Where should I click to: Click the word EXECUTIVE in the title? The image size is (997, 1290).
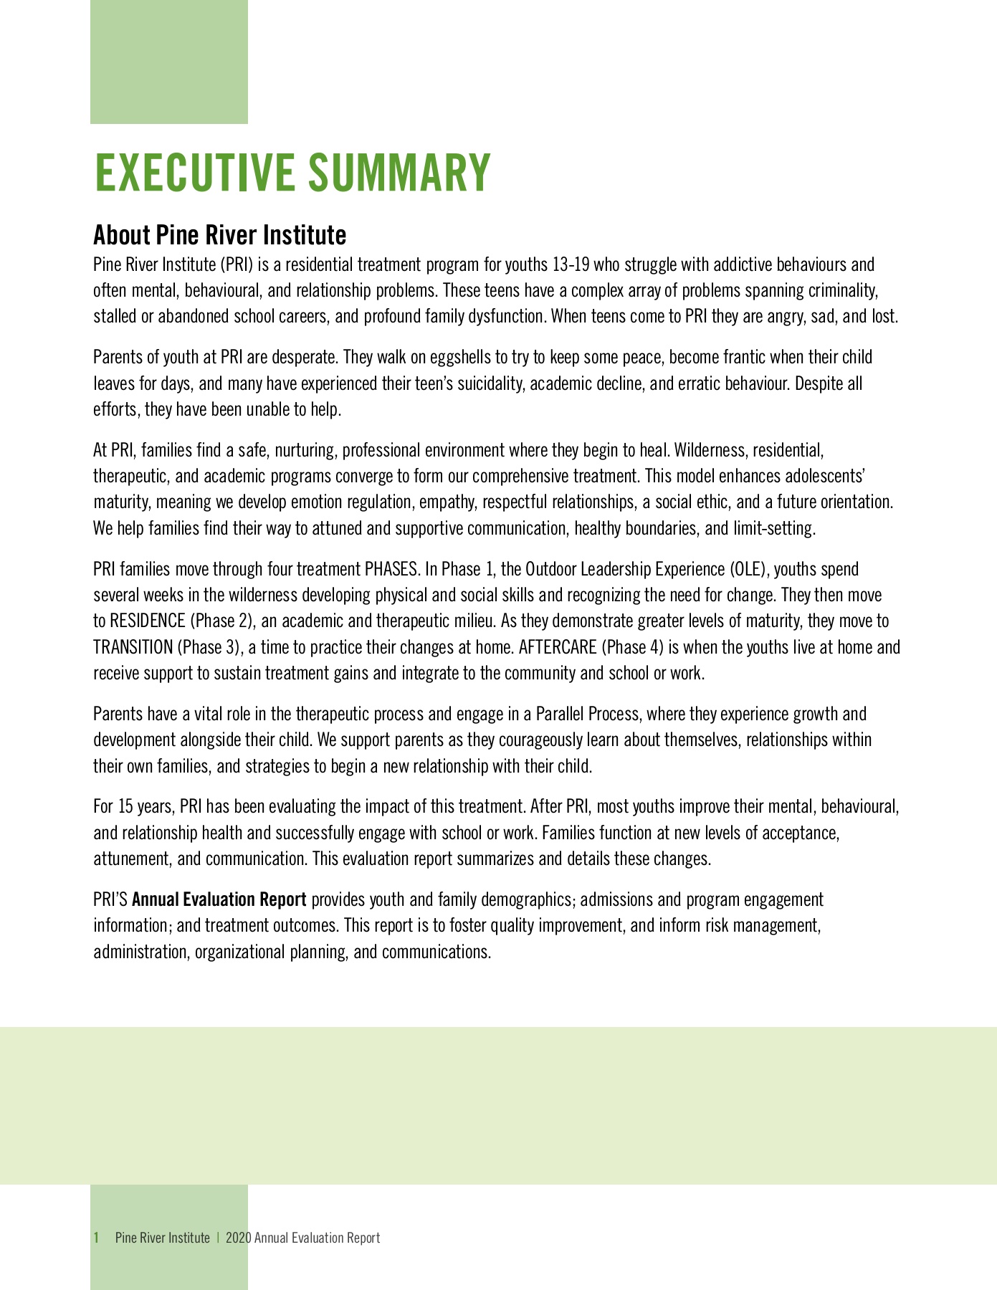(x=195, y=173)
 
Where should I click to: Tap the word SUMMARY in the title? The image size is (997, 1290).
(x=399, y=173)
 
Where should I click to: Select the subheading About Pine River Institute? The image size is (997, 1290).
(x=220, y=234)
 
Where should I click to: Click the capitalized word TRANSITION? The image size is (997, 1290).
(x=133, y=648)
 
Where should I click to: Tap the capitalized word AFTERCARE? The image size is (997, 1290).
(x=558, y=648)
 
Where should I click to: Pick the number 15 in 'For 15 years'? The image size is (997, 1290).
(x=125, y=807)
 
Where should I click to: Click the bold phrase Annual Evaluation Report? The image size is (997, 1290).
(x=219, y=899)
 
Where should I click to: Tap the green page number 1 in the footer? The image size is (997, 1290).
(x=96, y=1238)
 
